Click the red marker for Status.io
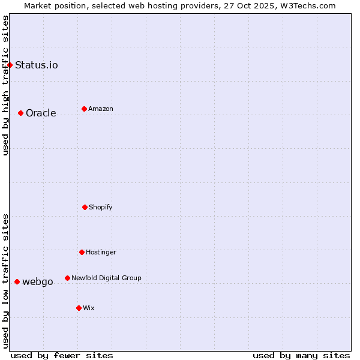(10, 65)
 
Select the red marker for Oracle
(20, 113)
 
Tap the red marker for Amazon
(84, 109)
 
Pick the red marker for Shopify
(85, 207)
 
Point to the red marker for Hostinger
(82, 252)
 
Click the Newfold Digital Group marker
(67, 278)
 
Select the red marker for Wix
(79, 308)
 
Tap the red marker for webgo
(17, 281)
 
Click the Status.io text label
(37, 65)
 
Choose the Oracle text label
(41, 113)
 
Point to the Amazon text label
(101, 109)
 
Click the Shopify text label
(101, 207)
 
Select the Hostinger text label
(101, 252)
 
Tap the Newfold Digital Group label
(106, 278)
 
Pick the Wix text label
(89, 308)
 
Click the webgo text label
(38, 281)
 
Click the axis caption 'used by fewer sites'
(62, 355)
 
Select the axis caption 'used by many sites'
(301, 355)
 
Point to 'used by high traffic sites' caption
(5, 85)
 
